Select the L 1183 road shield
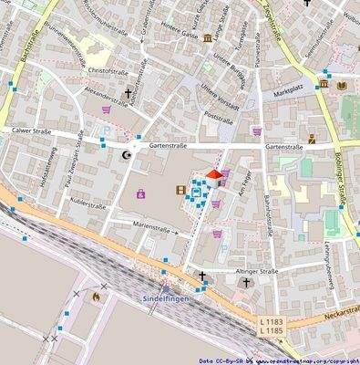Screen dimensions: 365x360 [x=271, y=321]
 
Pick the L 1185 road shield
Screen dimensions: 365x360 [x=271, y=330]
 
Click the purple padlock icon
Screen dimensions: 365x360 [x=140, y=193]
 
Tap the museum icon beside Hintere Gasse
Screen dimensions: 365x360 [x=209, y=37]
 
